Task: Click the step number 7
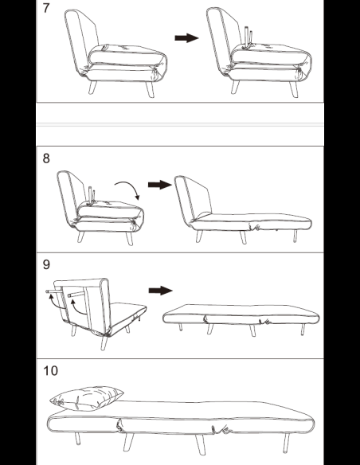(x=45, y=8)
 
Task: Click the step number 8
(x=46, y=158)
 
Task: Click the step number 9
(x=46, y=264)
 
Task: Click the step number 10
(x=50, y=371)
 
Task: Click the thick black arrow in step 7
(x=186, y=37)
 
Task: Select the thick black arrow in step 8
(x=160, y=185)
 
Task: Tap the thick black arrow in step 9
(x=160, y=291)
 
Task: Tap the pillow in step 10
(x=87, y=399)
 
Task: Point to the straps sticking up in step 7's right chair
(x=248, y=37)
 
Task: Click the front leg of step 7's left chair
(x=150, y=89)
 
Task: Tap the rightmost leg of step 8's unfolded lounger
(x=295, y=236)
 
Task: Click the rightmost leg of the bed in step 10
(x=286, y=443)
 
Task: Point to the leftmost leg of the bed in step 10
(x=77, y=439)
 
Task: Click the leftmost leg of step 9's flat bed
(x=180, y=327)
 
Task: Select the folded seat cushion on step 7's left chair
(x=127, y=56)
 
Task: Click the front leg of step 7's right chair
(x=294, y=89)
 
